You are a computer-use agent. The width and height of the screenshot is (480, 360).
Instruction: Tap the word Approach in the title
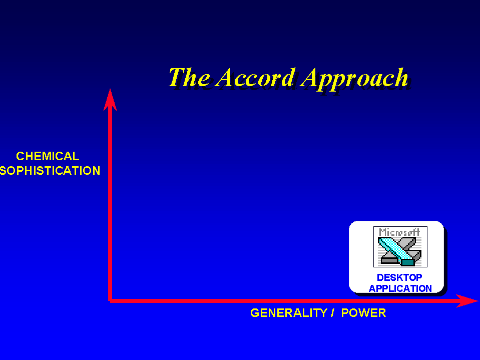click(x=354, y=79)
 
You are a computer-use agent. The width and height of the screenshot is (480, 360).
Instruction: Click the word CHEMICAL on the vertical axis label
click(x=48, y=156)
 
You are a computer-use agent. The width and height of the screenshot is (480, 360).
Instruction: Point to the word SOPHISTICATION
click(x=50, y=171)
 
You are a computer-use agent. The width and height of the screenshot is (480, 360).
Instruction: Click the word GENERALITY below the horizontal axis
click(x=289, y=313)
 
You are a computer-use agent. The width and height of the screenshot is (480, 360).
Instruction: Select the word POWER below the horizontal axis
click(x=363, y=313)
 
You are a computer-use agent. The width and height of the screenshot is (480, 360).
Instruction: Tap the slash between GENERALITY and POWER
click(x=332, y=313)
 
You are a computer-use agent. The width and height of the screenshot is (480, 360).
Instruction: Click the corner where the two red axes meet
click(x=110, y=300)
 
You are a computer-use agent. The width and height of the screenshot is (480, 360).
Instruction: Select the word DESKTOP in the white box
click(x=399, y=277)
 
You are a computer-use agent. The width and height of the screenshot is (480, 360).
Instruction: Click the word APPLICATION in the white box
click(x=400, y=288)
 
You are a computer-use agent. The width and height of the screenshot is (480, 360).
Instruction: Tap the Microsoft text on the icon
click(x=399, y=232)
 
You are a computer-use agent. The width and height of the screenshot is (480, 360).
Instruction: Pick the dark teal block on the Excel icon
click(x=408, y=262)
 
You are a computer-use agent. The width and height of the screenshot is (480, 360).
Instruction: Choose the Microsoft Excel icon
click(x=400, y=247)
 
